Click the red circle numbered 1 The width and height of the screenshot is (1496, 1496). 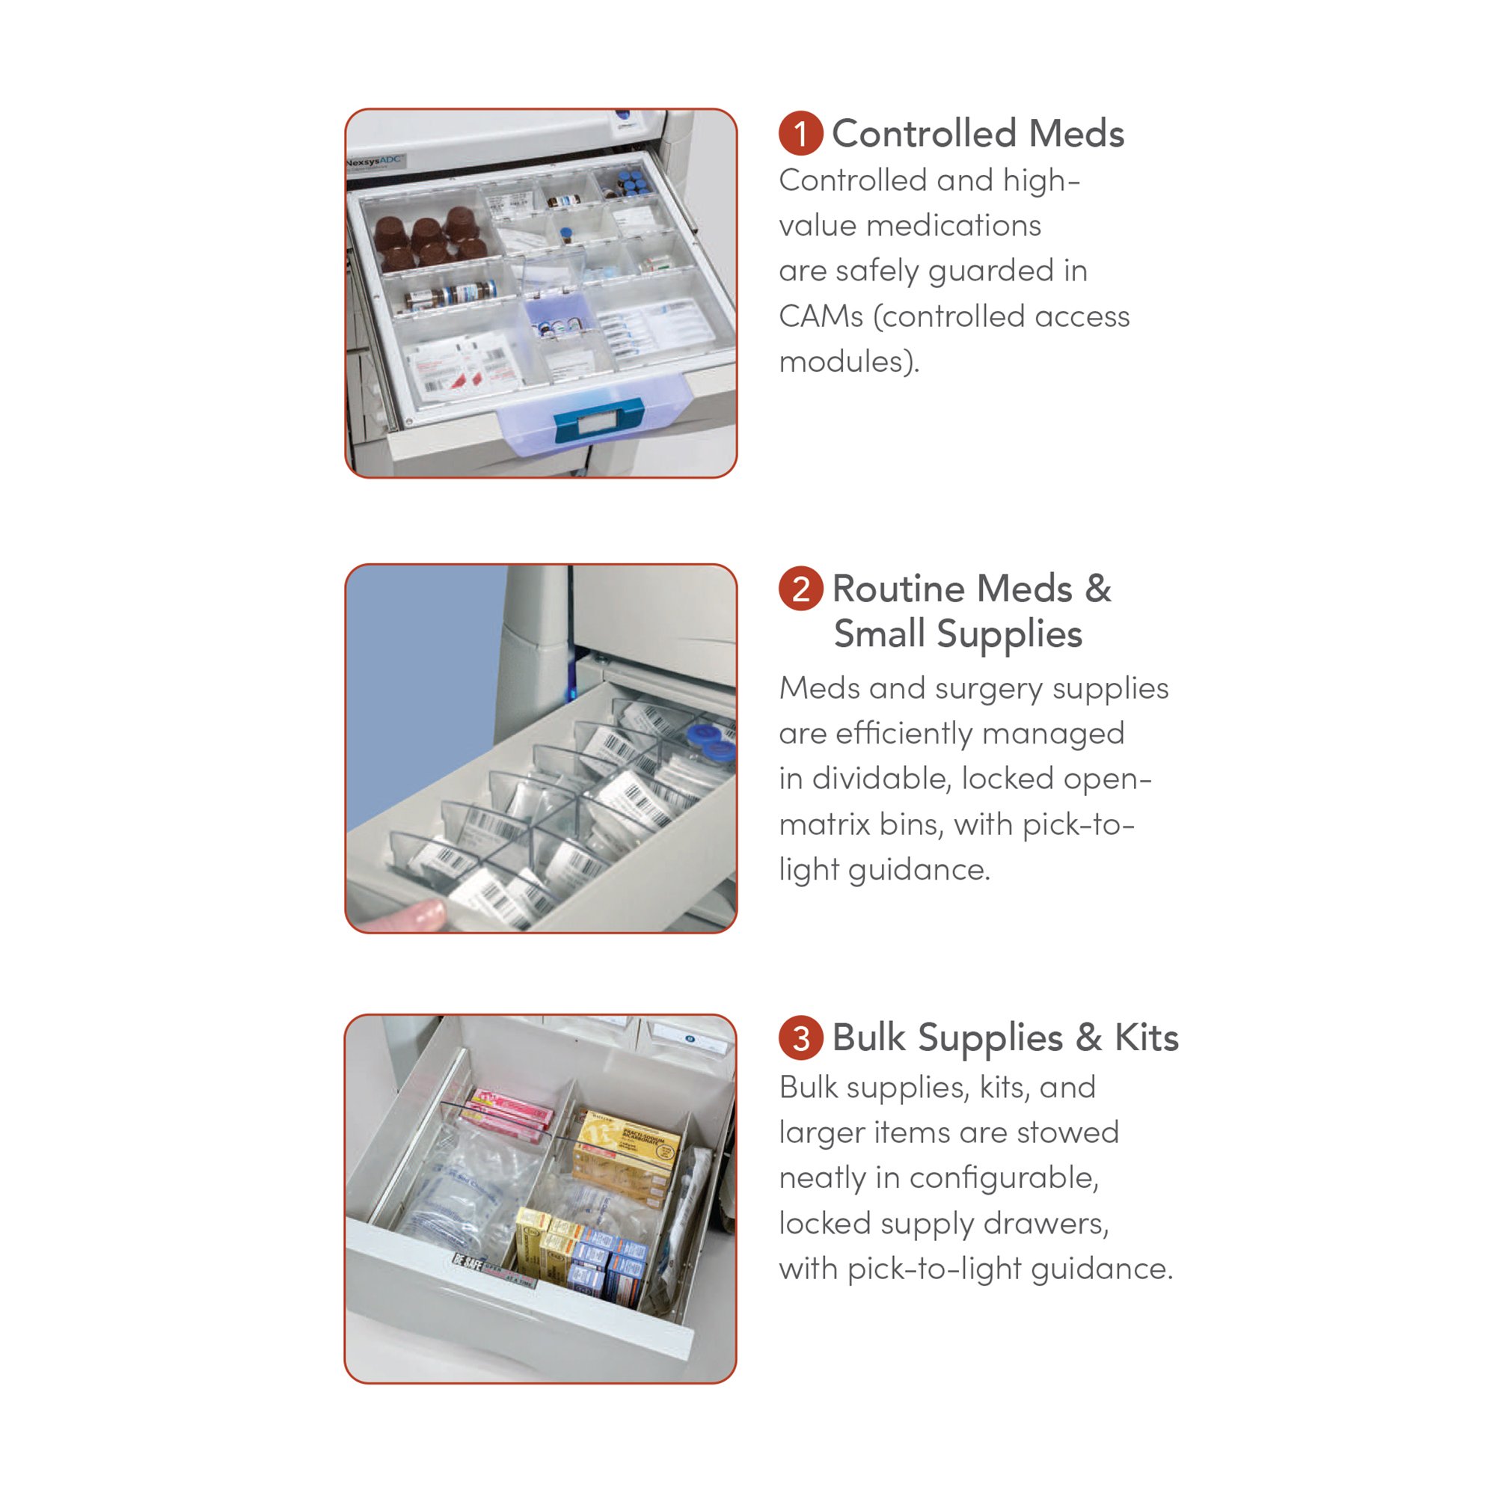(800, 133)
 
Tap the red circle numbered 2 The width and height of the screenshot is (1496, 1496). (800, 589)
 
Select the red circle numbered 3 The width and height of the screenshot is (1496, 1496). (800, 1038)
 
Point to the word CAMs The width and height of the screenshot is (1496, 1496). (820, 316)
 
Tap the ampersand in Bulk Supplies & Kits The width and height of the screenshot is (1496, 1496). (1088, 1038)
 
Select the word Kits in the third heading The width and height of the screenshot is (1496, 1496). (1146, 1038)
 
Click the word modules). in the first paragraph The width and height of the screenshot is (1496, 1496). (849, 361)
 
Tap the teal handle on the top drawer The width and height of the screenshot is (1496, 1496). (588, 420)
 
